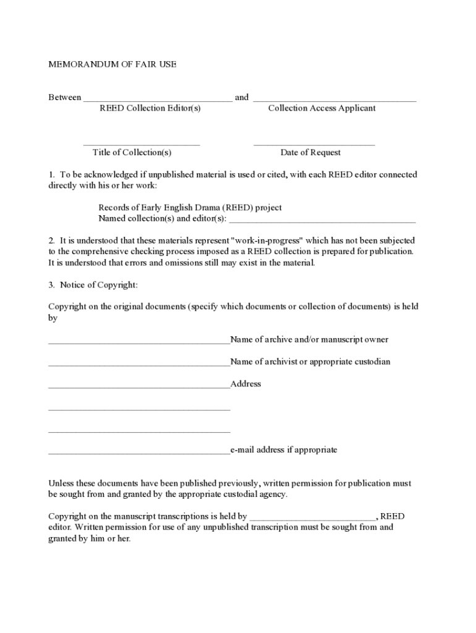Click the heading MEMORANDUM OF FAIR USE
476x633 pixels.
point(113,64)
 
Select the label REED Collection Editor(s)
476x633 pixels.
point(150,108)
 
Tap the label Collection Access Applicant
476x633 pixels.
point(321,108)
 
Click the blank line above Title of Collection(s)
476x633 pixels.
point(142,145)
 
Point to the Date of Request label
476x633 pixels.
point(310,153)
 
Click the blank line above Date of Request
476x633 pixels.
point(314,145)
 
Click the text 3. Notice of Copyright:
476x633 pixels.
point(93,285)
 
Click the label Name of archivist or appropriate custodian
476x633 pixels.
point(310,362)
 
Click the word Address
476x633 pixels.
point(246,384)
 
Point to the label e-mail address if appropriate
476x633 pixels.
point(284,450)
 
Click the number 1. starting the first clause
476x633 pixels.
point(53,175)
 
